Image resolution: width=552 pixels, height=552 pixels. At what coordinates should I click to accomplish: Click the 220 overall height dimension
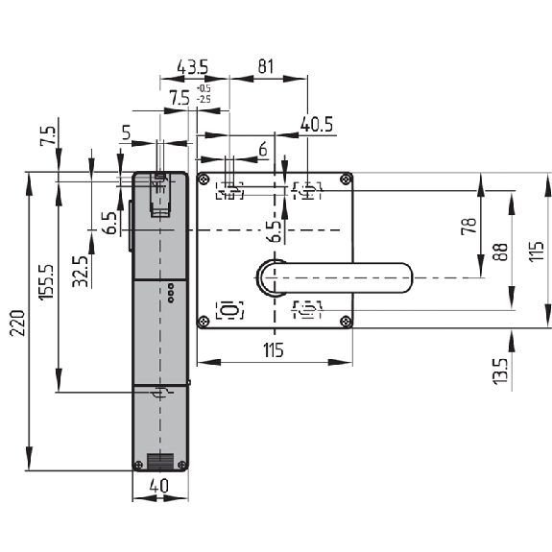click(x=17, y=323)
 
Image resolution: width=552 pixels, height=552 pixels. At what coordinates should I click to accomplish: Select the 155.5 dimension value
click(x=46, y=282)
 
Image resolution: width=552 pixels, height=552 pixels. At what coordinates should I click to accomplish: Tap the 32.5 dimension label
click(x=80, y=272)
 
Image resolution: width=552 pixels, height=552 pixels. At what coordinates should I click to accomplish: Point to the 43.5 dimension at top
click(x=193, y=67)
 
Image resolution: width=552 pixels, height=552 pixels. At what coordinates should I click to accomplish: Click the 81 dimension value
click(x=265, y=66)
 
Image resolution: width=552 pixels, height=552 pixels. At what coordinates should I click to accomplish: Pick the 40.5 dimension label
click(x=317, y=124)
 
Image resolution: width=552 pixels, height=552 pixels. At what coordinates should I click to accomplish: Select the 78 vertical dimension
click(x=469, y=226)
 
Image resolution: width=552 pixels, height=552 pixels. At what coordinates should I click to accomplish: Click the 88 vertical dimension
click(x=500, y=252)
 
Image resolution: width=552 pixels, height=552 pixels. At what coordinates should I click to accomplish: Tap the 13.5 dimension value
click(x=500, y=372)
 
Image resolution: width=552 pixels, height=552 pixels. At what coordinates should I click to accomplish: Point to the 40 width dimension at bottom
click(x=159, y=486)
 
